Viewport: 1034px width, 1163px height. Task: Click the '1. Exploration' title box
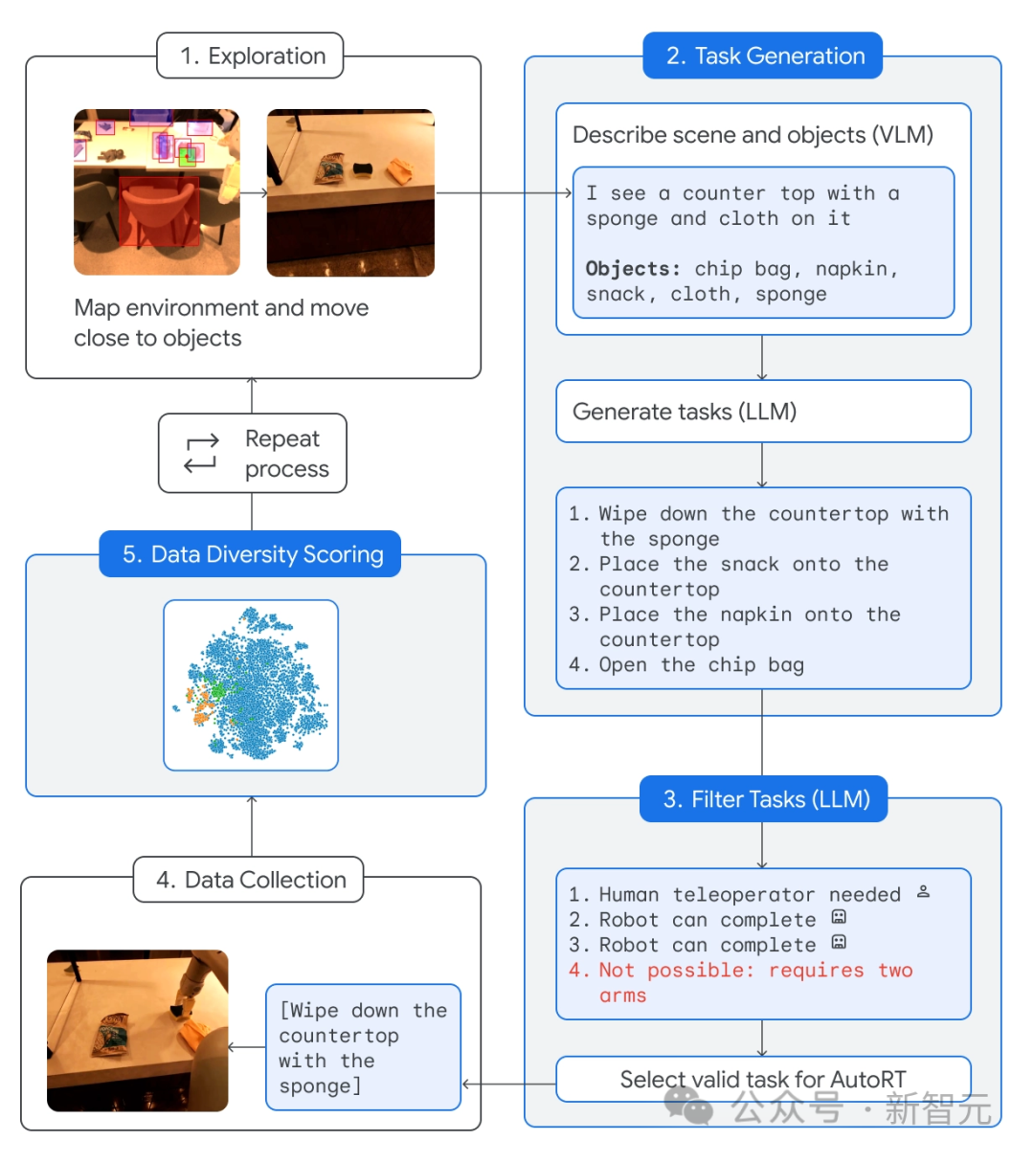click(x=252, y=56)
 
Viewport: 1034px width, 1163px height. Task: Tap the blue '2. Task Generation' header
click(x=764, y=56)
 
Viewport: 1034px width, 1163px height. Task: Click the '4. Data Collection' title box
click(x=250, y=880)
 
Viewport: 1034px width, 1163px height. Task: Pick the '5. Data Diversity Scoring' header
click(x=252, y=554)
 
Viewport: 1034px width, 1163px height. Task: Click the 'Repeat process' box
click(x=253, y=454)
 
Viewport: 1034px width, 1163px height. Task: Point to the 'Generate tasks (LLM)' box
click(x=763, y=412)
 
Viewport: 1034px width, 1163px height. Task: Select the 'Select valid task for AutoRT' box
click(x=763, y=1080)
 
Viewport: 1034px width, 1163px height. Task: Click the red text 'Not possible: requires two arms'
click(x=740, y=982)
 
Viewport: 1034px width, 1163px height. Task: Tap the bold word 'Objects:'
click(x=633, y=269)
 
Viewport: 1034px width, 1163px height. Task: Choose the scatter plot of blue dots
click(x=251, y=684)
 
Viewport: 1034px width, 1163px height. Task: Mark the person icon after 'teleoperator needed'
click(x=923, y=892)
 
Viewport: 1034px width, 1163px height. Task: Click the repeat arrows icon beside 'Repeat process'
click(x=201, y=454)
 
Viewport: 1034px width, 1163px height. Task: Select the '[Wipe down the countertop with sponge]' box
click(x=363, y=1047)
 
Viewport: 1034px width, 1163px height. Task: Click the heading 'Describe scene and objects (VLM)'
click(x=753, y=135)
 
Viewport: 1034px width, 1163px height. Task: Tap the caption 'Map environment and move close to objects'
click(x=221, y=323)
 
